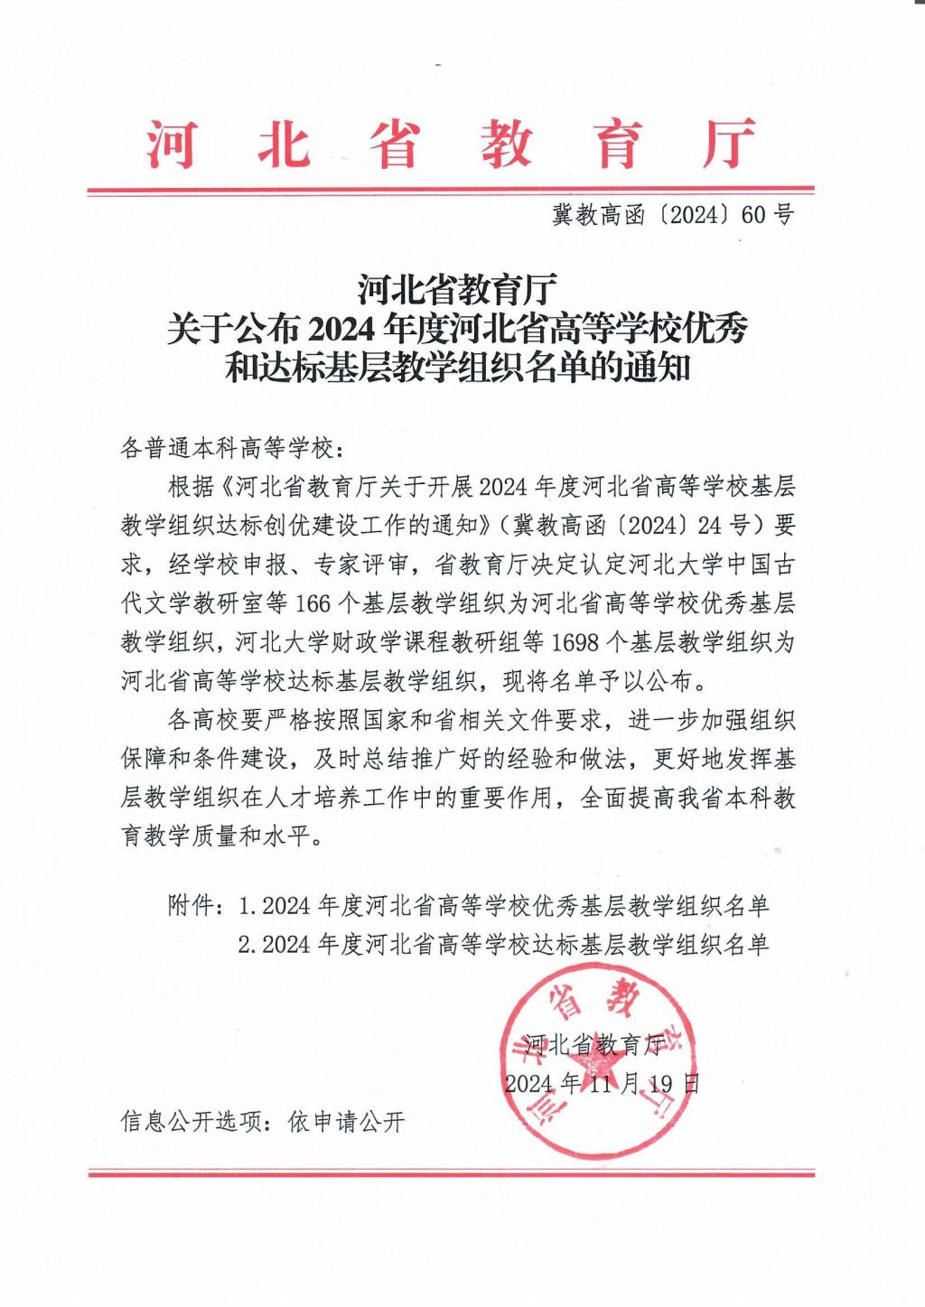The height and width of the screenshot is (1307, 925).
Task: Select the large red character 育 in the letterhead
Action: pos(618,145)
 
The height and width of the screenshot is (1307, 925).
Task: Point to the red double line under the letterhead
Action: pos(451,191)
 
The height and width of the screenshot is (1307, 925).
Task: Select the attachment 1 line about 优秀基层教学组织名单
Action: pos(504,905)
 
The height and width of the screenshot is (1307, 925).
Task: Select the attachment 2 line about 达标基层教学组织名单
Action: pos(504,945)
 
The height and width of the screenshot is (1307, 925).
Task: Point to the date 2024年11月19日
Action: pos(602,1083)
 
